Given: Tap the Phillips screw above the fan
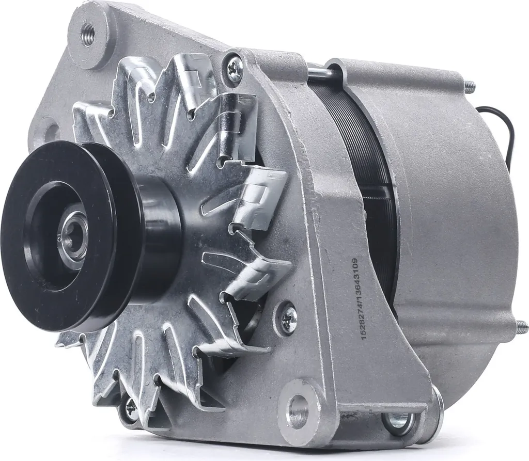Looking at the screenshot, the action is [235, 68].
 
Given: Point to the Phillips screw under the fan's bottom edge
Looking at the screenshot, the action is [132, 409].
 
